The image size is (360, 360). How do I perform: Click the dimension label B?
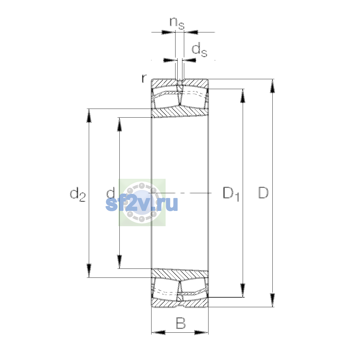point(181,323)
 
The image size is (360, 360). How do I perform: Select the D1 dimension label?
point(231,194)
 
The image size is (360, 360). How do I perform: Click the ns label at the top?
point(177,23)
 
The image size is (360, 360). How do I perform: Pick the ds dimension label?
point(199,49)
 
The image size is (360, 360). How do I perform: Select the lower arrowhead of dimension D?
point(272,300)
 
